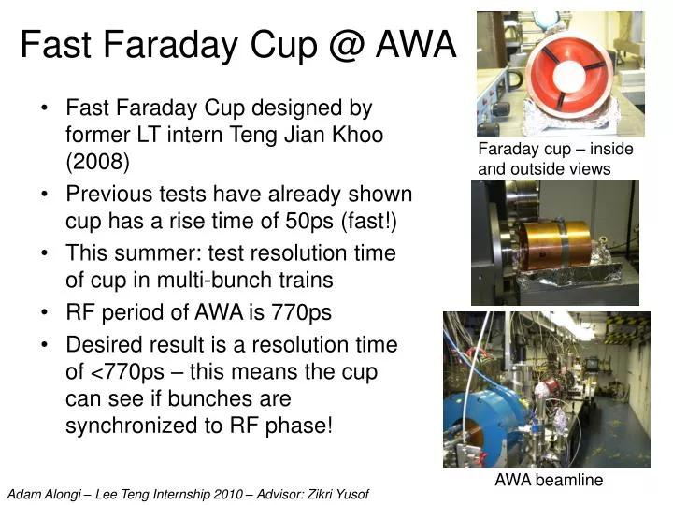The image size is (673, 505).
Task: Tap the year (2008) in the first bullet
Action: point(97,161)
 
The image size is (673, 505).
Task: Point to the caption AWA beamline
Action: point(549,480)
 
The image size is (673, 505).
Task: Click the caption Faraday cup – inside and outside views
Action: point(555,159)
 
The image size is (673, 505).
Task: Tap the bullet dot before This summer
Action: point(46,253)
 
